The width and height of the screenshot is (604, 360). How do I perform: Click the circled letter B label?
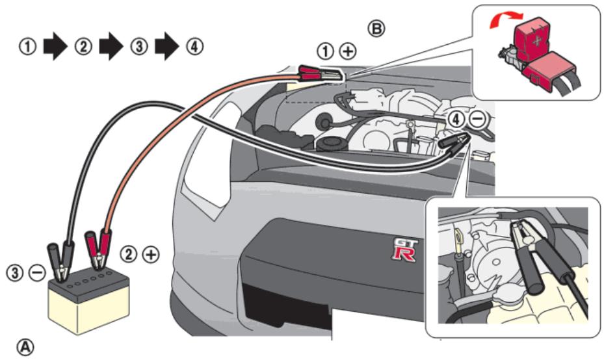coord(376,28)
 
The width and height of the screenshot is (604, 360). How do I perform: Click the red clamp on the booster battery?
coord(99,250)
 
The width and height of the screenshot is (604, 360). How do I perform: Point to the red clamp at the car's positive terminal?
coord(318,73)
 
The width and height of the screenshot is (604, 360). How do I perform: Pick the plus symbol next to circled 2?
coord(150,255)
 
